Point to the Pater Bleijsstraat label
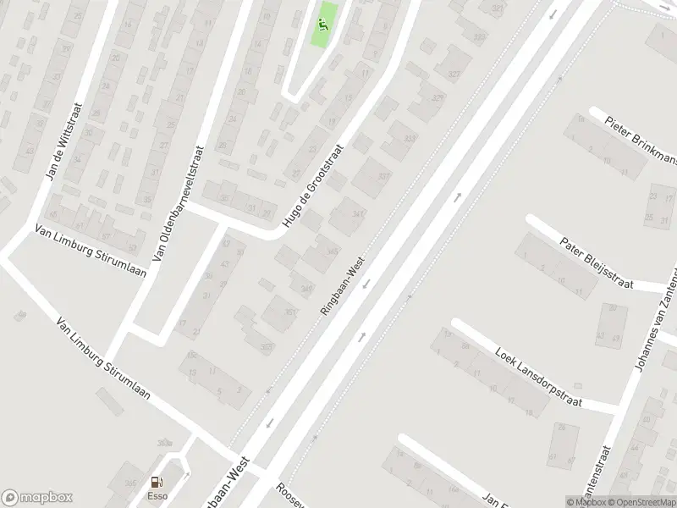coord(597,263)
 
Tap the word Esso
coord(157,496)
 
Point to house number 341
coord(358,215)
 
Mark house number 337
coord(383,177)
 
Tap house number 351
coord(290,312)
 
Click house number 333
coord(410,138)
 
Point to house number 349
coord(306,289)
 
